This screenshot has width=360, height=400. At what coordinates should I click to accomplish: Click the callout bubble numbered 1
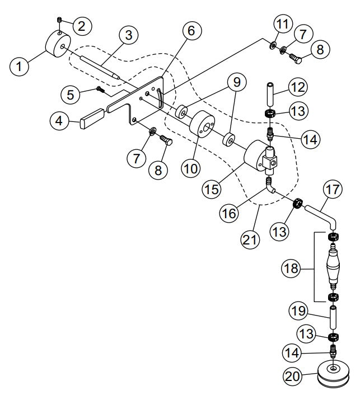pos(20,67)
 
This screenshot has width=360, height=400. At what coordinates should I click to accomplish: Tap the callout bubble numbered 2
pos(82,25)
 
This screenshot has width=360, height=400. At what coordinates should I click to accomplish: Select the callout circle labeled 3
pos(128,35)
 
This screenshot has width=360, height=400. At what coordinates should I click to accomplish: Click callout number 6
pos(191,31)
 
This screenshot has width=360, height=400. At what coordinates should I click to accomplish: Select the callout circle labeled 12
pos(297,87)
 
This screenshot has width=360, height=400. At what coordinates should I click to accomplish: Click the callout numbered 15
pos(211,189)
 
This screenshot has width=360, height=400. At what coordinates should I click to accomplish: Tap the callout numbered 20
pos(293,377)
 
